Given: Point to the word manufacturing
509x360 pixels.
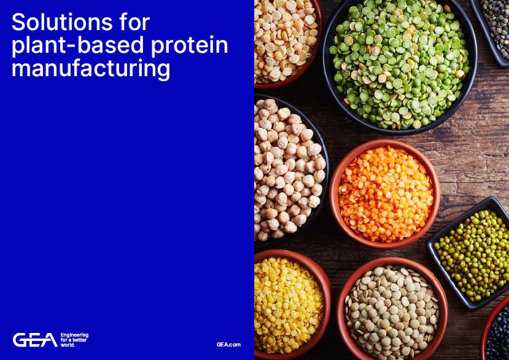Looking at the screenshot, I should (90, 69).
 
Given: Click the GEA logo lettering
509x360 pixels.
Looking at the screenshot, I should (35, 340).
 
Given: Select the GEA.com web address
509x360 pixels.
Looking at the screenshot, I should (228, 345).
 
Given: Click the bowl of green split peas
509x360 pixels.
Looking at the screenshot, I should (399, 65).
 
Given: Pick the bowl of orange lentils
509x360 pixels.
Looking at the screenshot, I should (385, 194).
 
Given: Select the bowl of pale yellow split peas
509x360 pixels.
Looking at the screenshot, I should (284, 40).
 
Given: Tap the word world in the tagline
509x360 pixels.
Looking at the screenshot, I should (68, 345).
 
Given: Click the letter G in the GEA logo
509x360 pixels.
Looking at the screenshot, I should (20, 340).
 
